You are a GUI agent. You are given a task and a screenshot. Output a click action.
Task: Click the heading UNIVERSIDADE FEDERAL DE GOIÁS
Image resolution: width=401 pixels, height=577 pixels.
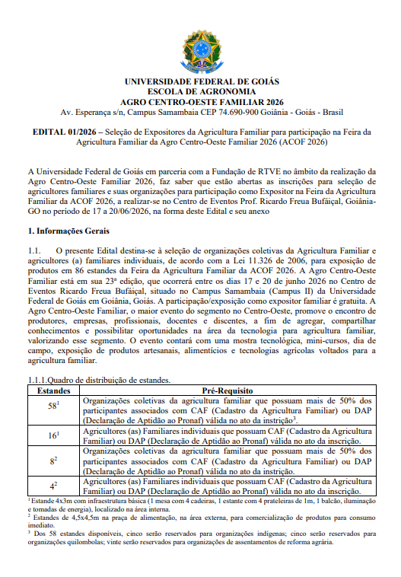201,81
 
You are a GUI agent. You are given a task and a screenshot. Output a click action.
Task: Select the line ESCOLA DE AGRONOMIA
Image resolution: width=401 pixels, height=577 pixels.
201,91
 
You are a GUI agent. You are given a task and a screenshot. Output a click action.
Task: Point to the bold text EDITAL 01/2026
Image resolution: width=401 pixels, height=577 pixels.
65,132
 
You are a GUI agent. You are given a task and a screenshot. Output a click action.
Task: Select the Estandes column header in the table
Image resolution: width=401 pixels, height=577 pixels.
53,391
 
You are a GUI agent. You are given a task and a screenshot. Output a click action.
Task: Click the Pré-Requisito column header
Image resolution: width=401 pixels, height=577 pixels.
226,391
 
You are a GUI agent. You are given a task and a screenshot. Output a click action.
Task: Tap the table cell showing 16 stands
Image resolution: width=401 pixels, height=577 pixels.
53,435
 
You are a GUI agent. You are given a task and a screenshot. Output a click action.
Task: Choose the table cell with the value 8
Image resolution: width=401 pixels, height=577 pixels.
53,461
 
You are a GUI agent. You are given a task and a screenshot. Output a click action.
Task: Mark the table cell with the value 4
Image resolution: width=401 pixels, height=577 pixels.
53,485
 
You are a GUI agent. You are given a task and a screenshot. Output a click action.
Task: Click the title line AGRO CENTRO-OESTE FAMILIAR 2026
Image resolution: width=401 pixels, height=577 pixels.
201,100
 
